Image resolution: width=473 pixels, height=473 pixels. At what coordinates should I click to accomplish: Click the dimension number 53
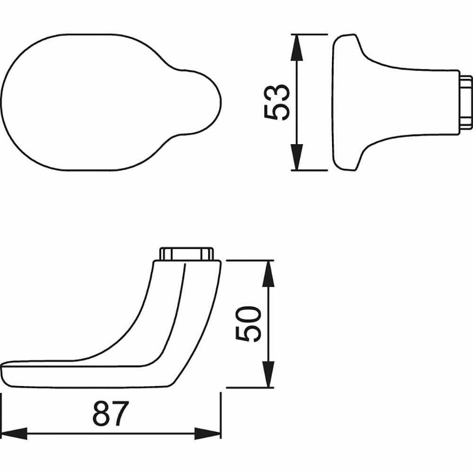pos(277,103)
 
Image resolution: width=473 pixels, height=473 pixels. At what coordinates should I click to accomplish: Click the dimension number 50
pos(248,324)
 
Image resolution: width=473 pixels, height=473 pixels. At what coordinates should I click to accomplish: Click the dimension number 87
pos(111,413)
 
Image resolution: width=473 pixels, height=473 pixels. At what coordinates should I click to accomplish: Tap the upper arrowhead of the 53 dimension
pos(297,48)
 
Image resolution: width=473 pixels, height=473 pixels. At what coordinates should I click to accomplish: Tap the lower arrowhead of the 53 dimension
pos(297,157)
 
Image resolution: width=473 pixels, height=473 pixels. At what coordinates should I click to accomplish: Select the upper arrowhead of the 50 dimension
pos(268,273)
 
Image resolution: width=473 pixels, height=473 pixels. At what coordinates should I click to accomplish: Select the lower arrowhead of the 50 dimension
pos(268,374)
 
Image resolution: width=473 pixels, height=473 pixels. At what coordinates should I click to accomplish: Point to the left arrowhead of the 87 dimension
pos(14,433)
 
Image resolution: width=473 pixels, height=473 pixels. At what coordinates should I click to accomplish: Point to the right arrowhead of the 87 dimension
pos(208,433)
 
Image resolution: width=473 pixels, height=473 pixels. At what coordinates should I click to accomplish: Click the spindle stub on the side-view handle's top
pos(186,254)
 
